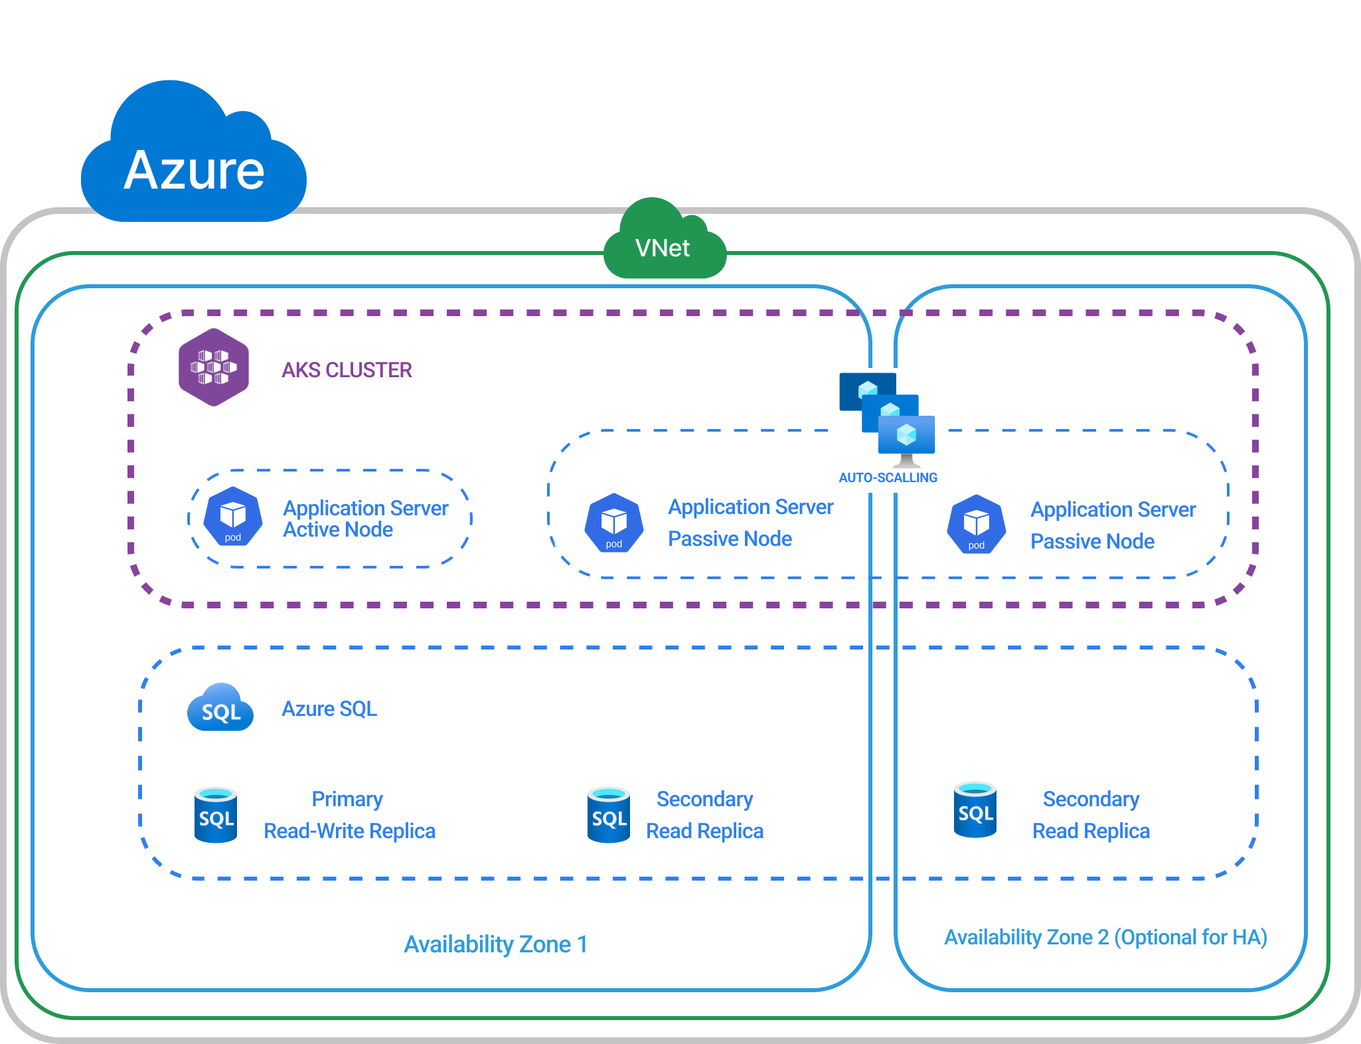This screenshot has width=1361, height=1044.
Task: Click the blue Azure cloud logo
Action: coord(193,159)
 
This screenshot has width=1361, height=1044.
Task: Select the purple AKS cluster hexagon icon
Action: coord(214,367)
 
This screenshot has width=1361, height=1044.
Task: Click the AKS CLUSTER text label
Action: coord(347,370)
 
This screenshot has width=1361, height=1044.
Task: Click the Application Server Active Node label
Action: coord(365,519)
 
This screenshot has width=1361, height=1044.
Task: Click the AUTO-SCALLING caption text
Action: coord(888,478)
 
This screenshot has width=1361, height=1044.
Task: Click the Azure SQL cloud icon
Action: coord(220,708)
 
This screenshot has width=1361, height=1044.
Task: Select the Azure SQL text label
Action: coord(329,709)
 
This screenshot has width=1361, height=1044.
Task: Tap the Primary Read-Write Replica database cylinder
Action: coord(216,815)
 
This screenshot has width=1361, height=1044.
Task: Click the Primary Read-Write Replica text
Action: coord(349,815)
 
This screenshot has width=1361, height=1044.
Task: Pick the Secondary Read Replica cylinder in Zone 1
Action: coord(609,815)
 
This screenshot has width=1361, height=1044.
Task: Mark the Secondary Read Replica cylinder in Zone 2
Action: coord(975,810)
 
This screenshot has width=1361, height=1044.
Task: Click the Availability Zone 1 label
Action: coord(496,944)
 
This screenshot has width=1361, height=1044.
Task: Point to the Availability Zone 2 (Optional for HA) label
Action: coord(1105,937)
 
